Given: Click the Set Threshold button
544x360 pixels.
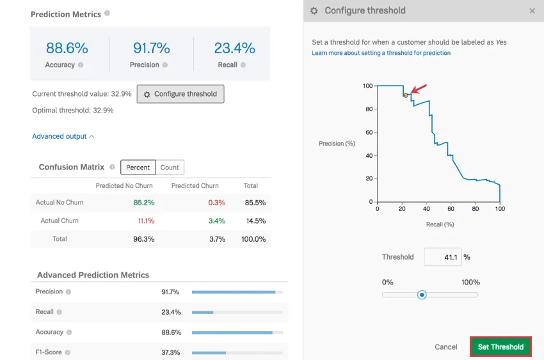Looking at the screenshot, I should pyautogui.click(x=500, y=347).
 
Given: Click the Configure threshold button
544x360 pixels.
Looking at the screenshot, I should pyautogui.click(x=180, y=94).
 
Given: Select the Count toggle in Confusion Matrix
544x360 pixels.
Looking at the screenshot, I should pyautogui.click(x=170, y=168).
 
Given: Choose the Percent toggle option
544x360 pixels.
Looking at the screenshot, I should pyautogui.click(x=138, y=168).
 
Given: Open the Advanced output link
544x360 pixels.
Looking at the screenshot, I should pyautogui.click(x=63, y=136).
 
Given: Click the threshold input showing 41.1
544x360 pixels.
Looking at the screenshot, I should pyautogui.click(x=442, y=257).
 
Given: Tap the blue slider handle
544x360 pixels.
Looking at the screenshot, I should pyautogui.click(x=422, y=295).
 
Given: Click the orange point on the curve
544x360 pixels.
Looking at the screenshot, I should pyautogui.click(x=406, y=95).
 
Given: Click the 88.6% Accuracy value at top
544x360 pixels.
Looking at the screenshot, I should pyautogui.click(x=67, y=48).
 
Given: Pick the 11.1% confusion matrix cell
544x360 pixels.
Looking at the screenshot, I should pyautogui.click(x=147, y=221).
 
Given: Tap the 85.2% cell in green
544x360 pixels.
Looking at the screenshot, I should pyautogui.click(x=144, y=203).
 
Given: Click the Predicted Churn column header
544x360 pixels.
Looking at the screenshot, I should pyautogui.click(x=195, y=186).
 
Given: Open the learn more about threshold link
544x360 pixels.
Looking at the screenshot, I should pyautogui.click(x=381, y=53).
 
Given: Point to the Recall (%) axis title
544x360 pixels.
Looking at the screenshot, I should pyautogui.click(x=440, y=224).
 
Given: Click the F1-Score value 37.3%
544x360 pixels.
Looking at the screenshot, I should pyautogui.click(x=171, y=352).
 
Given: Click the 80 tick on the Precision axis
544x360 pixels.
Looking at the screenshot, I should pyautogui.click(x=369, y=109).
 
